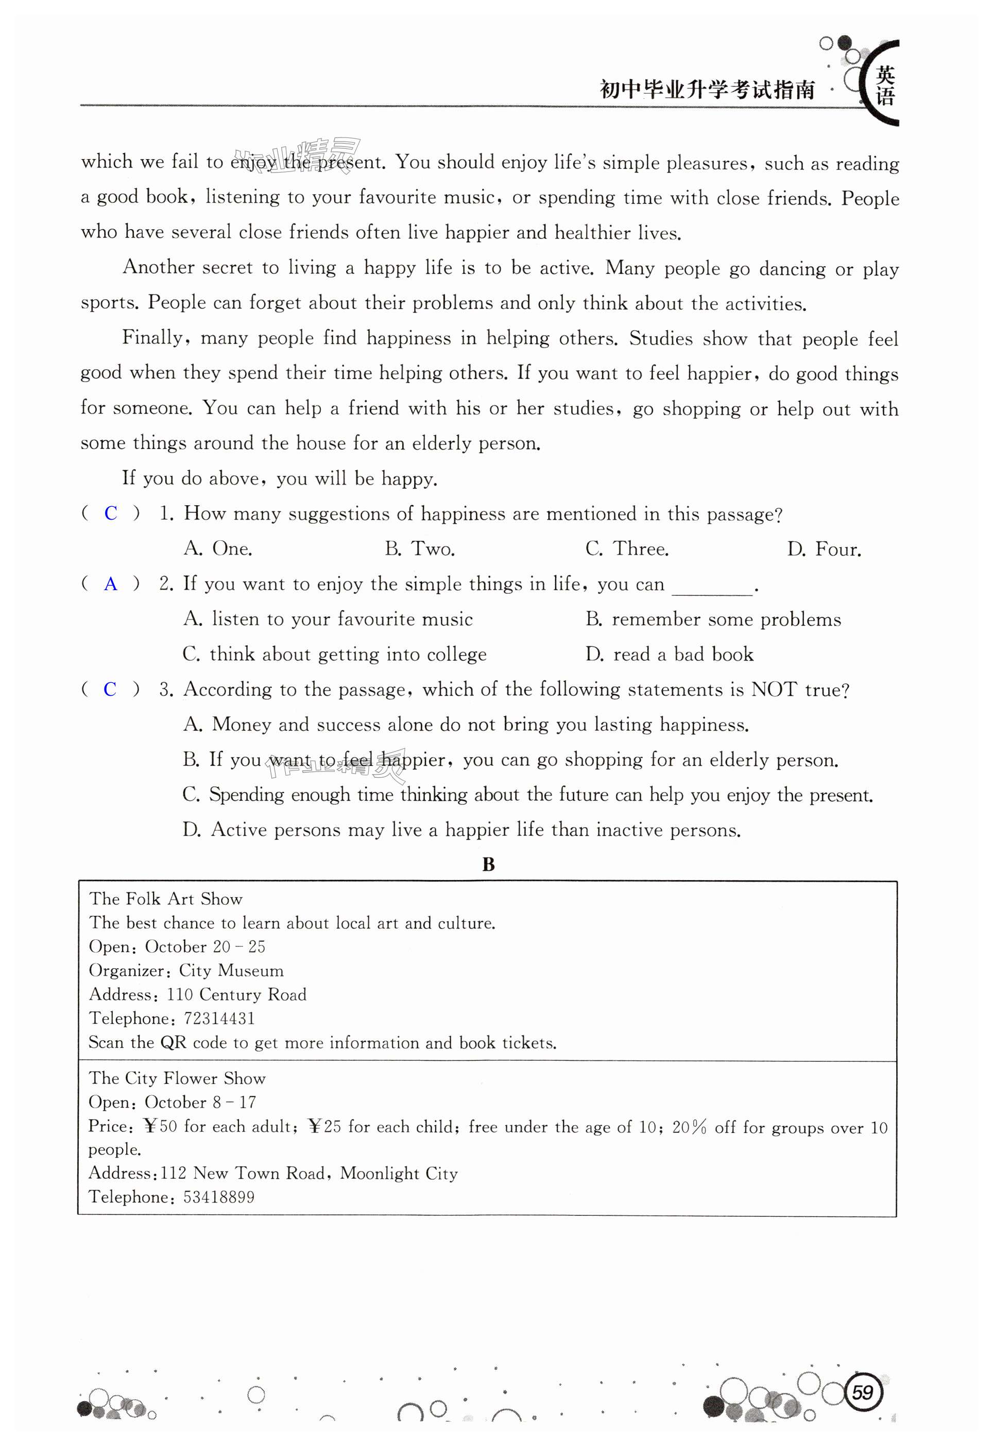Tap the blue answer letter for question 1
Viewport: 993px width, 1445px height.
coord(111,513)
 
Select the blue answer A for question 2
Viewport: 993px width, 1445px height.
coord(111,584)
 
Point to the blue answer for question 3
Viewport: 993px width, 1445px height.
coord(110,689)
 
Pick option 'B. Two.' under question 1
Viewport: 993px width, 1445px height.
coord(420,548)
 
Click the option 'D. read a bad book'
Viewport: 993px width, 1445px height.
coord(670,655)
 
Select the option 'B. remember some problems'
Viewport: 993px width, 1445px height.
coord(713,620)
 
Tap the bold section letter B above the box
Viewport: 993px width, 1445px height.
coord(488,865)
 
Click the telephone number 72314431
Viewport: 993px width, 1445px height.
coord(219,1018)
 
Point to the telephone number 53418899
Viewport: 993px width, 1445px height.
coord(219,1197)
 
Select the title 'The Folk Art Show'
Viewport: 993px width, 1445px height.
coord(165,899)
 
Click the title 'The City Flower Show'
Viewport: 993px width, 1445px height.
coord(177,1078)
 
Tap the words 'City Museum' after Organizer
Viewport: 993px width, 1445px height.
coord(231,970)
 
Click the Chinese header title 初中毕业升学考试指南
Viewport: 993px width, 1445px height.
coord(707,90)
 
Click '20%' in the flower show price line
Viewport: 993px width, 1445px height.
coord(689,1127)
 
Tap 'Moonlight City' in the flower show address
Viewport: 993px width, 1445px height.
coord(399,1173)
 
